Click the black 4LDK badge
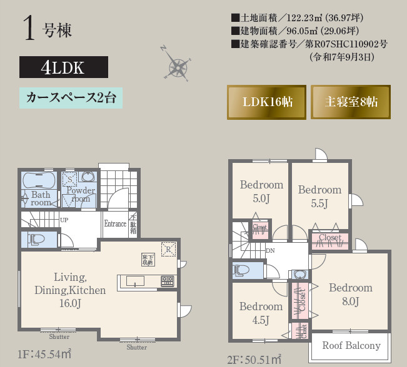(x=64, y=67)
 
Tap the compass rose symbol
(x=177, y=66)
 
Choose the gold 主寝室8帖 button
(x=351, y=102)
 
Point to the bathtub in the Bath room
(x=39, y=181)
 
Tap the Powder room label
(x=81, y=195)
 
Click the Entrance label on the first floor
(x=115, y=224)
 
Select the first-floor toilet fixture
(x=35, y=239)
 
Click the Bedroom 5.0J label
(x=261, y=192)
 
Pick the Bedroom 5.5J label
(x=319, y=197)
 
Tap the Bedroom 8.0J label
(x=350, y=295)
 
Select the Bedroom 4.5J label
(x=261, y=313)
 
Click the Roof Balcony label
(x=351, y=346)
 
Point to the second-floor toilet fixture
(x=241, y=270)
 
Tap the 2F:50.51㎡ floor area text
(x=254, y=360)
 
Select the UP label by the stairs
(x=64, y=220)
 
